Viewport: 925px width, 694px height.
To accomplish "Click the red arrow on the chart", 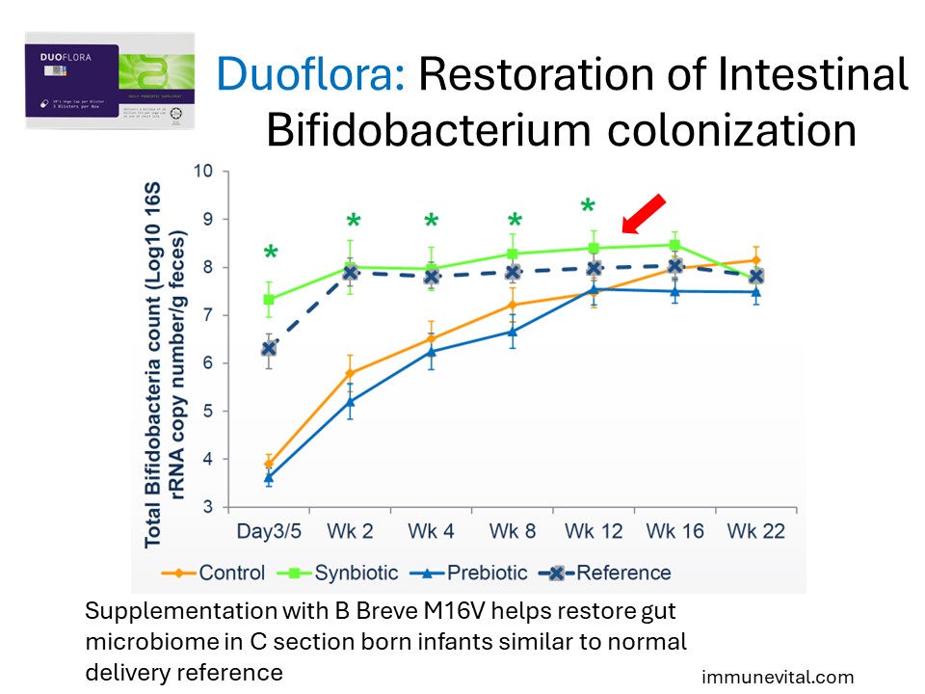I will [643, 213].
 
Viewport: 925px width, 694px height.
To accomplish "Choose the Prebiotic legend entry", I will [472, 573].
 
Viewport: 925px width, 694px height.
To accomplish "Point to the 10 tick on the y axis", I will [201, 172].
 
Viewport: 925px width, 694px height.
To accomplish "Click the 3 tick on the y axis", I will [206, 507].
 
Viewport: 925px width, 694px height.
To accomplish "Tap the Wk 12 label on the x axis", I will [593, 531].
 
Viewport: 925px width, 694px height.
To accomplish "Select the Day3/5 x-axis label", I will [270, 531].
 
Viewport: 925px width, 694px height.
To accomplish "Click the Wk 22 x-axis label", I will [756, 531].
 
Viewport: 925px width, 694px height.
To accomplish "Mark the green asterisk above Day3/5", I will [272, 254].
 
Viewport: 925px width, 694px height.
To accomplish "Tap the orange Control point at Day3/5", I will [270, 464].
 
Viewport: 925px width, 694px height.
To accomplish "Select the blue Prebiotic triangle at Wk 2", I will [352, 401].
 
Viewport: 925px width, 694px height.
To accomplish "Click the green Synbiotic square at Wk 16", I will [674, 245].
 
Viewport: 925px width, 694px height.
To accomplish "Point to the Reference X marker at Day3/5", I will [270, 348].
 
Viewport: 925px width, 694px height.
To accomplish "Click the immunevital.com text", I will [777, 678].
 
